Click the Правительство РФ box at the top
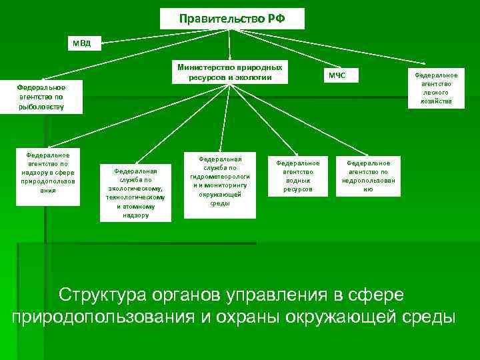[x=232, y=19]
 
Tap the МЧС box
[x=337, y=75]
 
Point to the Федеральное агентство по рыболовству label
[x=41, y=97]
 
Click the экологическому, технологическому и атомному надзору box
[x=136, y=193]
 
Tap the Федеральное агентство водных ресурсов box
[x=298, y=176]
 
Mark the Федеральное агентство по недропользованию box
[x=369, y=176]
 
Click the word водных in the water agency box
[x=298, y=181]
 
